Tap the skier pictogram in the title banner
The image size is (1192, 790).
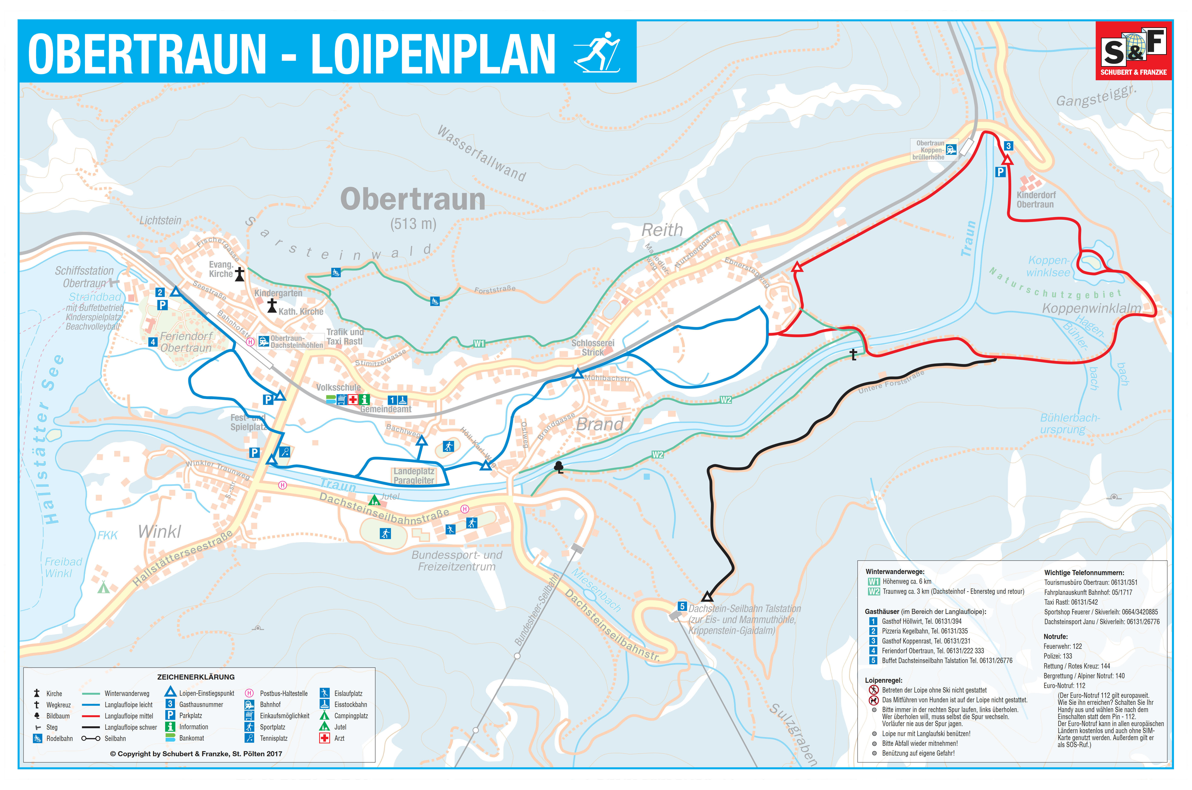pos(597,52)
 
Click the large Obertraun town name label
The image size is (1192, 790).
pos(413,199)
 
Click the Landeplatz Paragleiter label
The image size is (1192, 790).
pos(414,476)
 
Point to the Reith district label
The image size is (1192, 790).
pos(662,230)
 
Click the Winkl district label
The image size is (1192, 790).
pos(159,532)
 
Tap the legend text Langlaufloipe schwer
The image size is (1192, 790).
pos(130,727)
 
